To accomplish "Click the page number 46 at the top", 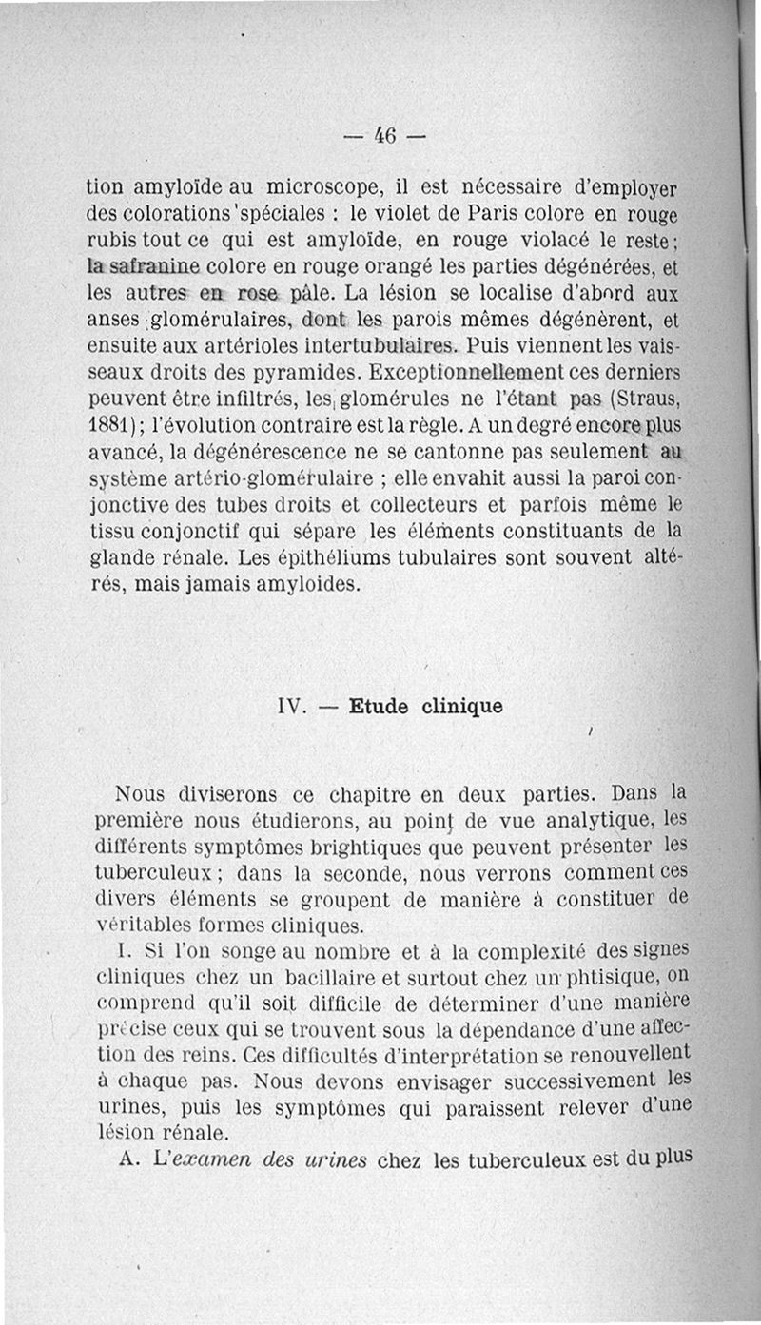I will tap(386, 135).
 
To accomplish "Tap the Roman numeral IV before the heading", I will tap(290, 707).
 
